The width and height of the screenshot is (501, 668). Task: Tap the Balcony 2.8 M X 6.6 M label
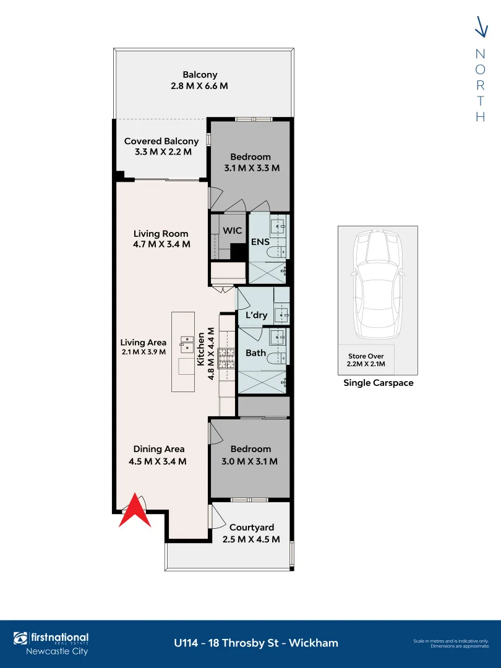point(199,80)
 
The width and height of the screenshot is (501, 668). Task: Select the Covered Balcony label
point(161,147)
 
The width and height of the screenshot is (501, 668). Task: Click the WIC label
point(232,230)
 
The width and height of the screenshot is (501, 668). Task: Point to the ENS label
point(260,242)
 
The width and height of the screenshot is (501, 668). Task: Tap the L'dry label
point(256,315)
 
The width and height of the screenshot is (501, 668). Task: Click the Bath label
point(256,353)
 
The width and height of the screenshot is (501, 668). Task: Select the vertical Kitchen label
point(201,349)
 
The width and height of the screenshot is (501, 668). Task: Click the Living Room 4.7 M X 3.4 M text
point(161,239)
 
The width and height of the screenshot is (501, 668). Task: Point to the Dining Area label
point(160,455)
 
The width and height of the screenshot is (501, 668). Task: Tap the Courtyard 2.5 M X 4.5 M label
point(251,533)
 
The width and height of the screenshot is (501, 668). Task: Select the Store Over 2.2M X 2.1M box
point(366,359)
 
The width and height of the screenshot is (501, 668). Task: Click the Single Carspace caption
point(378,383)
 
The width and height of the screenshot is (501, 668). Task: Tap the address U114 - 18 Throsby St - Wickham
point(256,643)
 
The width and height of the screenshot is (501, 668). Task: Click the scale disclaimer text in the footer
point(452,643)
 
